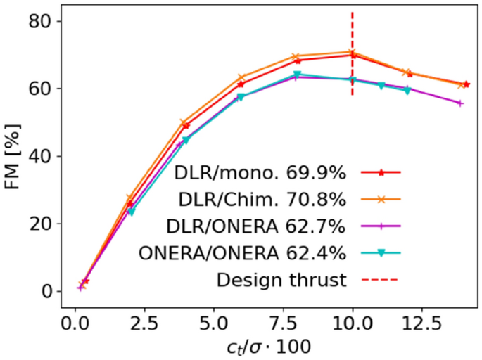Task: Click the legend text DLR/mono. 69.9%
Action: tap(259, 172)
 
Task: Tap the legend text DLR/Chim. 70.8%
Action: tap(259, 199)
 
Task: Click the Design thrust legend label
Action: tap(281, 280)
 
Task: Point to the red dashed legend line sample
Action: tap(380, 280)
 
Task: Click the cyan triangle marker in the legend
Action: tap(380, 252)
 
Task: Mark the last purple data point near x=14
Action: tap(460, 103)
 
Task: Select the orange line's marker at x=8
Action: tap(296, 56)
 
